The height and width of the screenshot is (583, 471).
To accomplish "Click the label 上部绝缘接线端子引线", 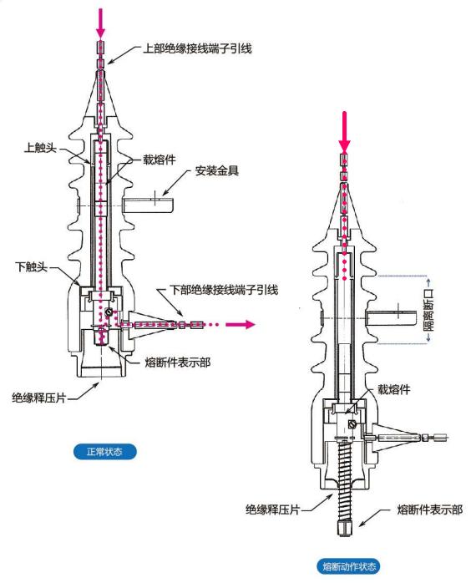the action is click(x=197, y=48).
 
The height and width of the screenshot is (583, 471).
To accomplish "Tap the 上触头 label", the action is click(x=40, y=148).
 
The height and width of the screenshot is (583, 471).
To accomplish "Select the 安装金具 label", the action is click(x=217, y=170).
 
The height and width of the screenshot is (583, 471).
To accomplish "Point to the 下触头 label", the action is click(x=31, y=266).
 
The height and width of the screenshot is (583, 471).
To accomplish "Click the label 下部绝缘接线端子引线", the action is click(x=224, y=290).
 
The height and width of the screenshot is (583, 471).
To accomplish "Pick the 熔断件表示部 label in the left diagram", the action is click(x=178, y=362).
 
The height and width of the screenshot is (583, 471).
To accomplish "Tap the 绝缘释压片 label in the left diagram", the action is click(x=39, y=398).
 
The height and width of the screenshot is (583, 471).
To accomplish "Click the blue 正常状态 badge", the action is click(x=104, y=452).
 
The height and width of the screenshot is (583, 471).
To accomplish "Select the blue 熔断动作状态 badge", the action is click(x=349, y=566).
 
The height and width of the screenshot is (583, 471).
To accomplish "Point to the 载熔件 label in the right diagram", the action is click(x=394, y=389).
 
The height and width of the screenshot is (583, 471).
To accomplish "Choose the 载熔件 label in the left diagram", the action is click(x=160, y=160).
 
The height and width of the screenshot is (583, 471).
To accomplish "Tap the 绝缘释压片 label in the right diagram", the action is click(x=272, y=509).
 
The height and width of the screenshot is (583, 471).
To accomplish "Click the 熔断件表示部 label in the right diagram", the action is click(x=430, y=509).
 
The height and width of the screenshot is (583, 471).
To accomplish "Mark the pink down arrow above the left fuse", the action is click(x=101, y=23).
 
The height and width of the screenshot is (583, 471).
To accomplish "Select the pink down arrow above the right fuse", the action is click(x=345, y=132).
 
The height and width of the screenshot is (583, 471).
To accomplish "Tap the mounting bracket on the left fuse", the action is click(x=148, y=205).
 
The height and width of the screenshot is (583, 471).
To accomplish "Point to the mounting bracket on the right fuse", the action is click(x=391, y=318).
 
